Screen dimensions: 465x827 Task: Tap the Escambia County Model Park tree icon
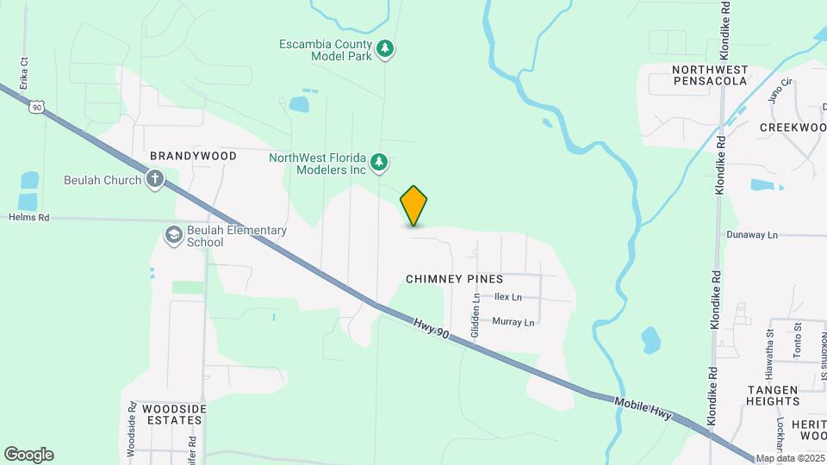(x=386, y=49)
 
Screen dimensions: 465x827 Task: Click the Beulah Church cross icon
(x=155, y=180)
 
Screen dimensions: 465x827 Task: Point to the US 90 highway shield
(x=35, y=106)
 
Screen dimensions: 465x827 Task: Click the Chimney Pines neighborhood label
(x=454, y=280)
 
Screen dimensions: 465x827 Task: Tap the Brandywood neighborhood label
(x=193, y=156)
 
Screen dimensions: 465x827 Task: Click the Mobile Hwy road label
(x=644, y=408)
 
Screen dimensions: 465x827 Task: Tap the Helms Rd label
(x=30, y=218)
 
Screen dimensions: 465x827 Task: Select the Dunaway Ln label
(x=751, y=234)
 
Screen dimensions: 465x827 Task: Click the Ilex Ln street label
(x=508, y=297)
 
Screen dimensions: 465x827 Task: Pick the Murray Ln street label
(x=513, y=322)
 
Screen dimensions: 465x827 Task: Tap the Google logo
(x=28, y=455)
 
